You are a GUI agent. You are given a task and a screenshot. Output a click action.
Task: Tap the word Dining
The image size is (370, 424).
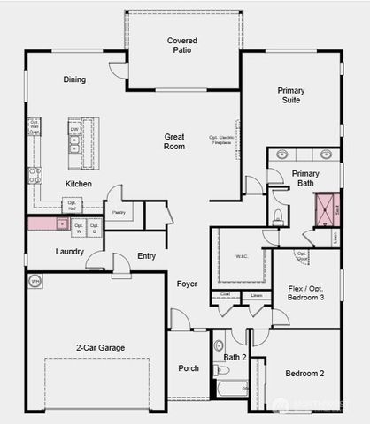(74, 79)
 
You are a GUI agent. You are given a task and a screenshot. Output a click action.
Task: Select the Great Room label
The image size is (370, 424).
(173, 141)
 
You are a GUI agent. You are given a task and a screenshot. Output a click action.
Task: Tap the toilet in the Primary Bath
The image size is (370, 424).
(277, 216)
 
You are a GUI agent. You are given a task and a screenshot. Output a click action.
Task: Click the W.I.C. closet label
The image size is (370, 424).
(243, 257)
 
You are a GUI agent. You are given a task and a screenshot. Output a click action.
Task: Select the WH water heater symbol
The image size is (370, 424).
(35, 282)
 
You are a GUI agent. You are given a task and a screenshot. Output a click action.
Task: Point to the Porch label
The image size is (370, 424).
(189, 368)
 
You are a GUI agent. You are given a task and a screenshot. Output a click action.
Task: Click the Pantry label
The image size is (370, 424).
(119, 212)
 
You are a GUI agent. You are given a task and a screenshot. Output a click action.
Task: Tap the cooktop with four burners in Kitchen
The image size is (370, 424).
(35, 174)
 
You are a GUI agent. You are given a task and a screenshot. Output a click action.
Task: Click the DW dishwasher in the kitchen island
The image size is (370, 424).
(75, 129)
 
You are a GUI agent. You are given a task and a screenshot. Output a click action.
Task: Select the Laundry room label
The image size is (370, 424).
(69, 252)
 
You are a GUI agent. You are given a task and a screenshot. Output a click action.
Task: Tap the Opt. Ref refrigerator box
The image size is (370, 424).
(73, 206)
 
